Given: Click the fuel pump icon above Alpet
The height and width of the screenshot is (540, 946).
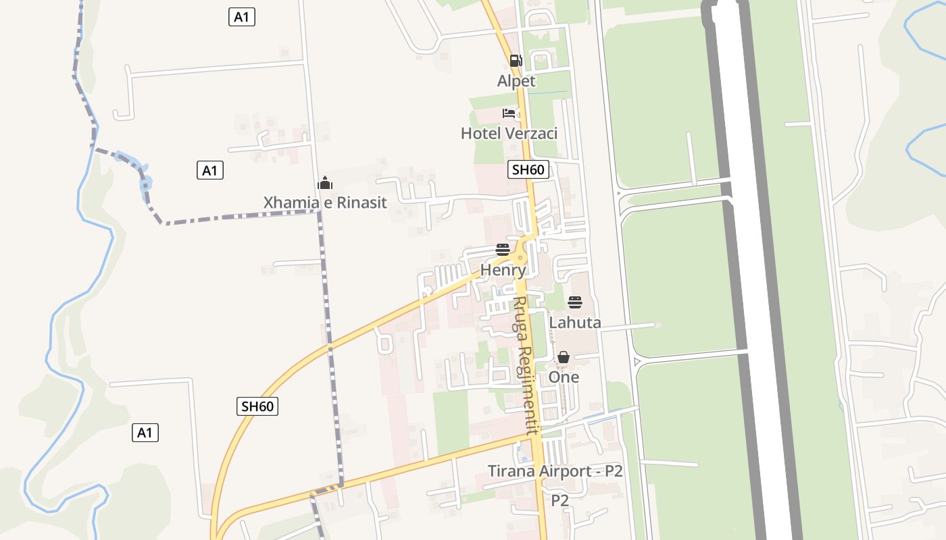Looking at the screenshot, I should (x=516, y=61).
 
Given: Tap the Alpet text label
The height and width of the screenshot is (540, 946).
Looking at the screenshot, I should (x=516, y=81).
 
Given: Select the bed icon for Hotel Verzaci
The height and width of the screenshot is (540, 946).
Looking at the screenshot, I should (x=509, y=113).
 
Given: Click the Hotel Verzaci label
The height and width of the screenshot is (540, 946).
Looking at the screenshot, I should (x=509, y=133).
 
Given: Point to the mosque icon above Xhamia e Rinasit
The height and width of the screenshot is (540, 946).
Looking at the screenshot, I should (x=325, y=183).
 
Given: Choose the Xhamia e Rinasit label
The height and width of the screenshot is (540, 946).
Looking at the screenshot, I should (x=325, y=202).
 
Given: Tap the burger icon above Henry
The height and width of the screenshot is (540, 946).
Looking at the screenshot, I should (x=502, y=250).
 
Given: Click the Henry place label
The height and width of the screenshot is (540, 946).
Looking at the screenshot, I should (x=503, y=270).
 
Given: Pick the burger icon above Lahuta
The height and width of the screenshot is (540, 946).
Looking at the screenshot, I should (x=575, y=302).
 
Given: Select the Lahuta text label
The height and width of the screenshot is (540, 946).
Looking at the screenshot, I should (x=575, y=323).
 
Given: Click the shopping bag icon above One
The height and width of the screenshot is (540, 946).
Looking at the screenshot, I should (x=564, y=357).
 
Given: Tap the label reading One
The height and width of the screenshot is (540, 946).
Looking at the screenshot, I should (x=564, y=377).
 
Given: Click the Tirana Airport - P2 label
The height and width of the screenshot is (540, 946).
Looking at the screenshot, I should (x=555, y=471).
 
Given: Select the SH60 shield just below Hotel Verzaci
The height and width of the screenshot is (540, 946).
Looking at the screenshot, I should (x=528, y=169).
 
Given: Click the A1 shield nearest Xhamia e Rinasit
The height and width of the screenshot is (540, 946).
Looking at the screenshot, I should (x=210, y=170).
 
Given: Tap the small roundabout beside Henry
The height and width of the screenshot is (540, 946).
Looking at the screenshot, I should (x=519, y=257).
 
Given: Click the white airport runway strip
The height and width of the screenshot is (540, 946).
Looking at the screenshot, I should (x=757, y=270).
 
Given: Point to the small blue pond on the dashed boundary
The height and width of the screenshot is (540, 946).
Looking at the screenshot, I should (x=145, y=182).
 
